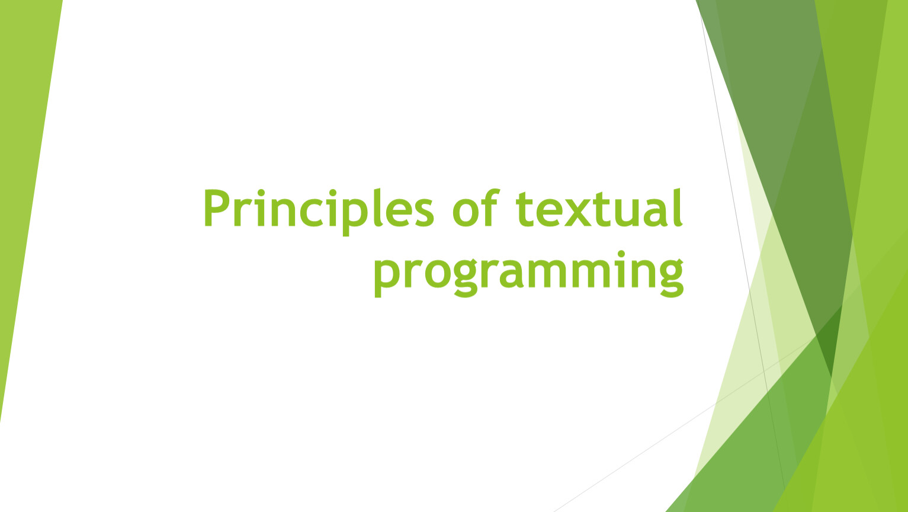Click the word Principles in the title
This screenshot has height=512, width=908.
[x=319, y=209]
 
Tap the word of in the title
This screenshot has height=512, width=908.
[x=476, y=209]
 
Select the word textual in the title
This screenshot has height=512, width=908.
[x=599, y=209]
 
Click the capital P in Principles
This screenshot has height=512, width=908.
[x=216, y=209]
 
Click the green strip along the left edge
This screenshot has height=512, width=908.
[x=24, y=178]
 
